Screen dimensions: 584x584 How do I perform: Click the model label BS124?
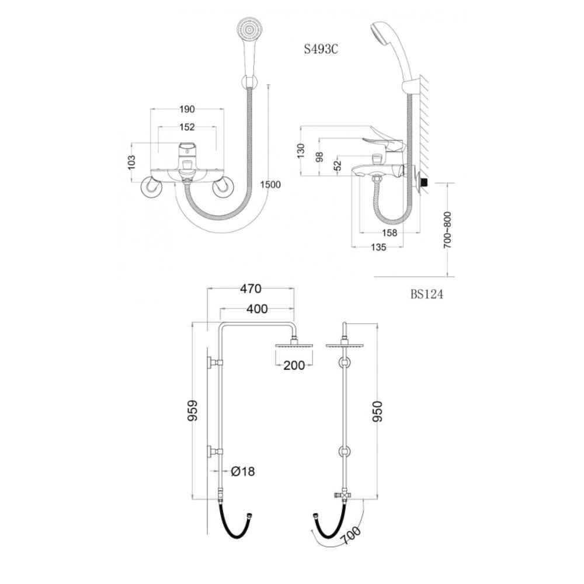426,295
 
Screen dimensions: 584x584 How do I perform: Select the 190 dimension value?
187,109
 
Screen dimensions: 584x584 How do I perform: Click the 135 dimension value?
378,248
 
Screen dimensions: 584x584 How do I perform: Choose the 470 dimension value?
251,288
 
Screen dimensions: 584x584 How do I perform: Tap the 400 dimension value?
256,308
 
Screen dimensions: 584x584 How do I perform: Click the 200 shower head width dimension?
294,366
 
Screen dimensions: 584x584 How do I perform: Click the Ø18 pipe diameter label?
242,471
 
